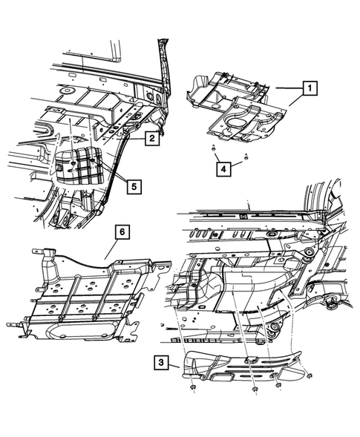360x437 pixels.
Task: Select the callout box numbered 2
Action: click(150, 137)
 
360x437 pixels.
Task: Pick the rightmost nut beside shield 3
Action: click(305, 385)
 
